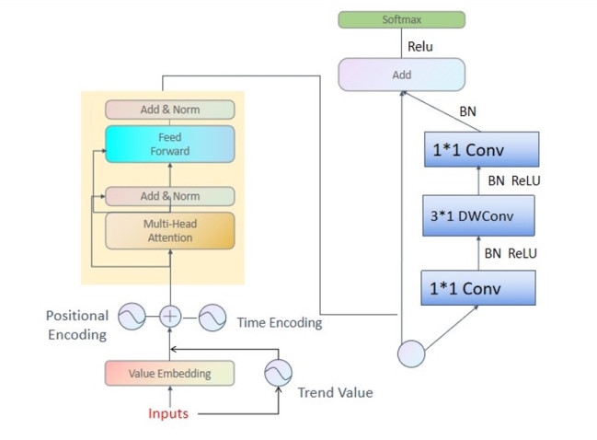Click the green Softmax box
(402, 19)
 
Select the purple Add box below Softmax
(402, 75)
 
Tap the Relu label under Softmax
(419, 46)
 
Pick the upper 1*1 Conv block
(481, 148)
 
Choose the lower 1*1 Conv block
(477, 287)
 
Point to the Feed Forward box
(169, 145)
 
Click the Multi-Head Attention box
(169, 231)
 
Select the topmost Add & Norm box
(169, 110)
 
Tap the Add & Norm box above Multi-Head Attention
(169, 196)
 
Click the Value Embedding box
(169, 374)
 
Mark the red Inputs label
(168, 413)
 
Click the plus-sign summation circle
(169, 316)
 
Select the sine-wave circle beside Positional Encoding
(130, 316)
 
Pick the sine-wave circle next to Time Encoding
(212, 317)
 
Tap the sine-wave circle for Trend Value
(277, 373)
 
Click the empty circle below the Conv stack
(411, 353)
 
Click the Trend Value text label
(335, 393)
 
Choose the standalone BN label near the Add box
(468, 111)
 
